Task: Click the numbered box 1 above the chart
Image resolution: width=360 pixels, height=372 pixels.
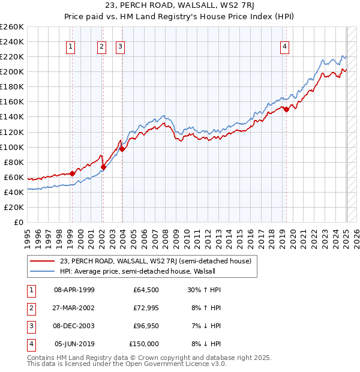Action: click(71, 47)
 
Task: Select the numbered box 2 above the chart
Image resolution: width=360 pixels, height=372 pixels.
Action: click(101, 47)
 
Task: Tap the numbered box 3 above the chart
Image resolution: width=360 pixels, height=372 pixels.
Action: click(120, 47)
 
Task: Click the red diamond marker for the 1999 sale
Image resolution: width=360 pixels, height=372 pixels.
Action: click(73, 173)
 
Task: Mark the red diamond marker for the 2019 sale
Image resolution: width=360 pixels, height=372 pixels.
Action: click(286, 109)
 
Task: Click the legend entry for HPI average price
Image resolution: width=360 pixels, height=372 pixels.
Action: click(137, 271)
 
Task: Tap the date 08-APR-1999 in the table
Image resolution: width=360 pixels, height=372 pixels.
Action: click(74, 290)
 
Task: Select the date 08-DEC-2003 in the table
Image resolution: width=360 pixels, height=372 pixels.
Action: click(74, 326)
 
